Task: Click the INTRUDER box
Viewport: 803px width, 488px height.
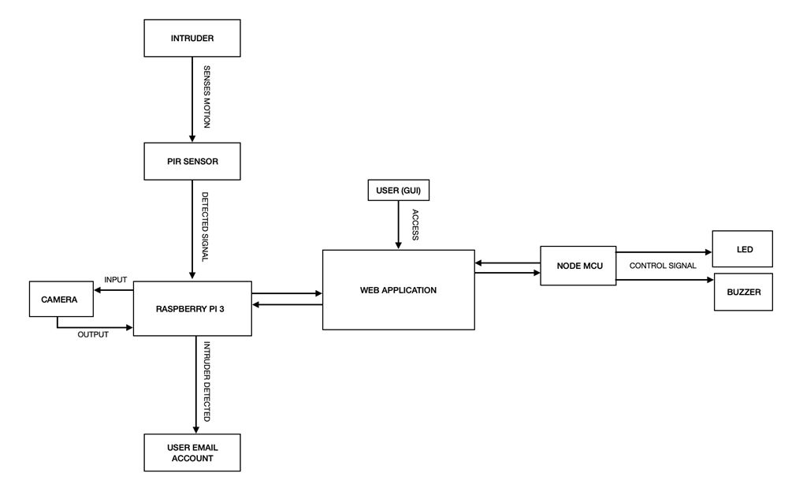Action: click(192, 38)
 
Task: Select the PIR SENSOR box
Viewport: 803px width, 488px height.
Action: click(192, 161)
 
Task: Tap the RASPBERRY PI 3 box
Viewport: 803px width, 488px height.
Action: click(192, 308)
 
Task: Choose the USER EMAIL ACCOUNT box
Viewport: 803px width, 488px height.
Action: click(192, 453)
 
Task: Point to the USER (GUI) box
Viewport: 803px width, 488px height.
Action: click(399, 190)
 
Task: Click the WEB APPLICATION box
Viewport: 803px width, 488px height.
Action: click(398, 289)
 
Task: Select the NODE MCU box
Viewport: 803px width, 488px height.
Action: click(578, 266)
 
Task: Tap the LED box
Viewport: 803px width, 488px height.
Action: click(743, 249)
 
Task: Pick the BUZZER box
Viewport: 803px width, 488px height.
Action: click(743, 292)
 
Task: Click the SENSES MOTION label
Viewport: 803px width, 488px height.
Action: click(206, 97)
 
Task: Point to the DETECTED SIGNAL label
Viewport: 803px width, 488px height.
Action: click(205, 227)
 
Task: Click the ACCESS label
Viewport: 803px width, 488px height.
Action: click(415, 225)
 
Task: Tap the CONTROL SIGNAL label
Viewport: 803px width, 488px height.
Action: click(663, 266)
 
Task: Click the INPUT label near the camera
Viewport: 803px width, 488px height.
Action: click(115, 280)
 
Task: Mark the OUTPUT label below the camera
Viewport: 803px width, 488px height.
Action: click(92, 334)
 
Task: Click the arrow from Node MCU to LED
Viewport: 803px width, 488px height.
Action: click(664, 253)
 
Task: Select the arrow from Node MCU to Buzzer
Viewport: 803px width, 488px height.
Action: click(664, 279)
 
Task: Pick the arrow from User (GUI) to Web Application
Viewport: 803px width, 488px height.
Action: click(399, 225)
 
